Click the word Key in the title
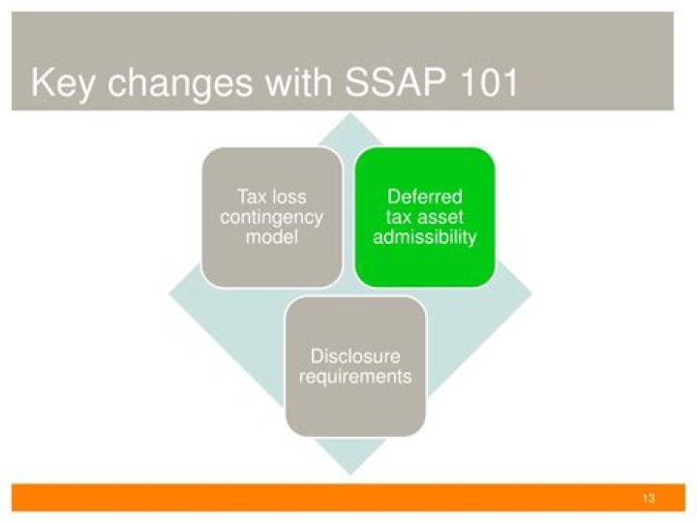(x=64, y=83)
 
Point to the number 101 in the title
(x=483, y=83)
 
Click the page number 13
(x=648, y=498)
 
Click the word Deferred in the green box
(x=425, y=197)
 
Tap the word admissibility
(x=425, y=237)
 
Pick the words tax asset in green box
(x=425, y=217)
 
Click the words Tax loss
(x=271, y=197)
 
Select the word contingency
(x=271, y=217)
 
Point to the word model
(x=271, y=237)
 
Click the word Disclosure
(x=355, y=356)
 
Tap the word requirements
(x=355, y=376)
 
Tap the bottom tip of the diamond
(x=349, y=472)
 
